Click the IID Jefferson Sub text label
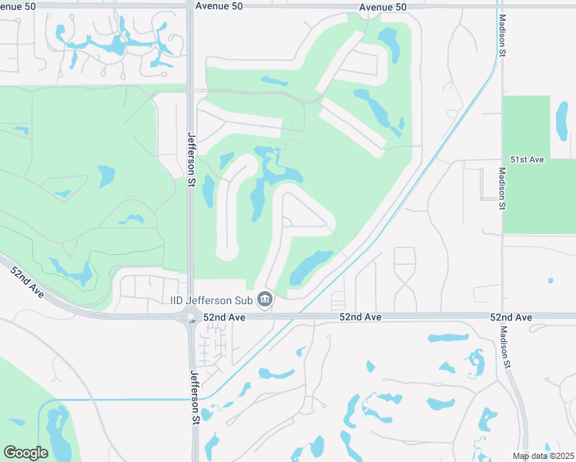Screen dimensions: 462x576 tap(212, 299)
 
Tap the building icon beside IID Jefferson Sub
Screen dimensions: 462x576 tap(265, 299)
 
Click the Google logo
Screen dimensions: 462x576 tap(25, 452)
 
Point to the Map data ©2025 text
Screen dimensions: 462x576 tap(544, 456)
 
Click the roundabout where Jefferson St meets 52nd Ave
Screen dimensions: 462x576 tap(190, 316)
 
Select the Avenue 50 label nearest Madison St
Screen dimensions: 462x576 tap(382, 6)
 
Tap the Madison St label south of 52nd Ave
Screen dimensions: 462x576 tap(505, 348)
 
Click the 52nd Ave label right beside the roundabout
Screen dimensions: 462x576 tap(225, 317)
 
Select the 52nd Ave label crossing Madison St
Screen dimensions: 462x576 tap(511, 317)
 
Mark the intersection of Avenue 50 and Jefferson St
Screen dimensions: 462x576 tap(190, 6)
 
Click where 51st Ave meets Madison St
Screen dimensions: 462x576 tap(501, 161)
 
